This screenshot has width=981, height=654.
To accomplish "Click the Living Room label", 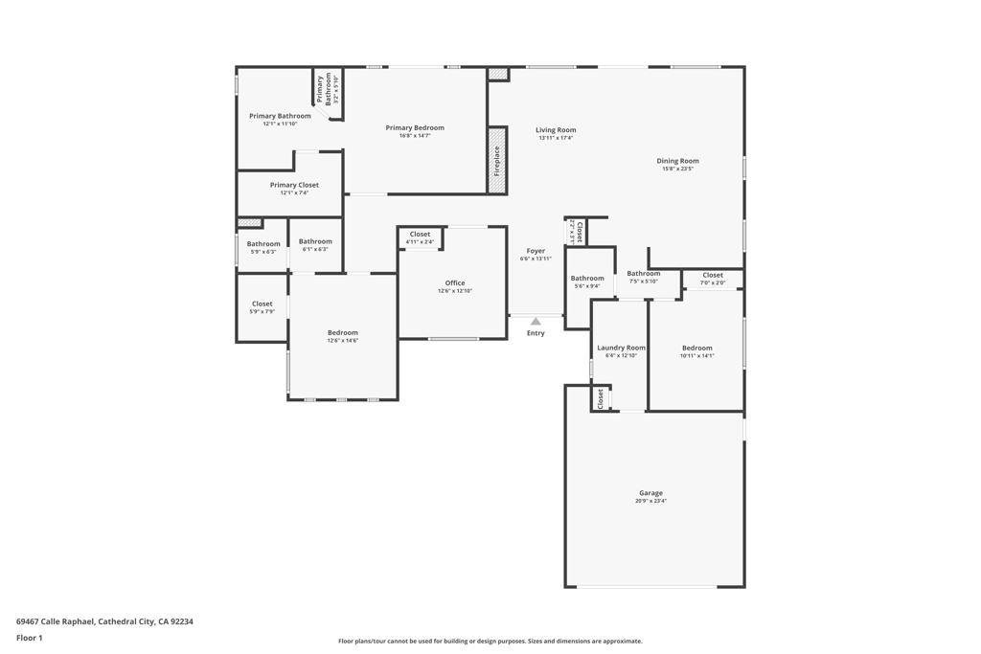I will point(556,130).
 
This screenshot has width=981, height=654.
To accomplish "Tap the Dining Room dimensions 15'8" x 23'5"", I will point(677,169).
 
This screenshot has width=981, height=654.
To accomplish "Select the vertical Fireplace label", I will point(497,161).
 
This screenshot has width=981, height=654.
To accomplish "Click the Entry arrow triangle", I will point(536,322).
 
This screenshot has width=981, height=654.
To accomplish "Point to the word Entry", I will point(536,333).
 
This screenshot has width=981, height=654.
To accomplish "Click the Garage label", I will point(650,493).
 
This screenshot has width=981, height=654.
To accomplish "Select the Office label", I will point(455,282).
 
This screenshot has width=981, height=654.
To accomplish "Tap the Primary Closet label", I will point(294,185).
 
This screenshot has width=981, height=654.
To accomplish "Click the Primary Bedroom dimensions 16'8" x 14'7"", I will point(415,136).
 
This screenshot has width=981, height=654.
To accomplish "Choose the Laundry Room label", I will point(621,348).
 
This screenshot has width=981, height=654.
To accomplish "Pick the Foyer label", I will point(536,251).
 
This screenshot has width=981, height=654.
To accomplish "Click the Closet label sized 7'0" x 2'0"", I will point(713,275).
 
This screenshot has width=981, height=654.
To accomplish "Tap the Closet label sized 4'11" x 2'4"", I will point(420,234).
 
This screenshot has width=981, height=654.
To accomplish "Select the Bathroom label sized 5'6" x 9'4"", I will point(587,279).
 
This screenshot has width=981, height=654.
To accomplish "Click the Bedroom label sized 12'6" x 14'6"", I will point(343,332).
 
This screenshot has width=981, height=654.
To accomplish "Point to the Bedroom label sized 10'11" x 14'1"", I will point(697,348).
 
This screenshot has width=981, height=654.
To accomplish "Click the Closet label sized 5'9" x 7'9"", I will point(262,304).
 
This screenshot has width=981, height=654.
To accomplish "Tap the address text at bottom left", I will point(104,621).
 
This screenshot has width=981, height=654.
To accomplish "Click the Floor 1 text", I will point(30,638).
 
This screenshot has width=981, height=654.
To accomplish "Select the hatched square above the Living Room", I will point(497,74).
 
